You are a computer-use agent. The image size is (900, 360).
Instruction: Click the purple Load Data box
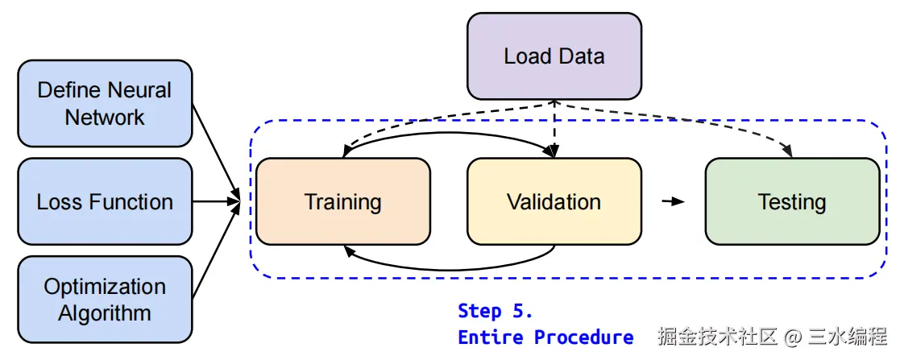[x=554, y=56]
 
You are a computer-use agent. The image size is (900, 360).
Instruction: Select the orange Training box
[x=342, y=201]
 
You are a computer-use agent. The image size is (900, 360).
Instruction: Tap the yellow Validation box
[x=554, y=201]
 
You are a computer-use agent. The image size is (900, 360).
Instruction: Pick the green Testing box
[x=792, y=201]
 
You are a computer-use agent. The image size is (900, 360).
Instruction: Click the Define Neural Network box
[x=105, y=103]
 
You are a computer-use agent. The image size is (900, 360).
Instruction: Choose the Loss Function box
[x=105, y=201]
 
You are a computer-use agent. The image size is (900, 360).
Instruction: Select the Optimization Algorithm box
[x=105, y=299]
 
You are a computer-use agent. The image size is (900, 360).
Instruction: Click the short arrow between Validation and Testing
[x=673, y=201]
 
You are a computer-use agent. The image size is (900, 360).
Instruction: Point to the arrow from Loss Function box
[x=218, y=201]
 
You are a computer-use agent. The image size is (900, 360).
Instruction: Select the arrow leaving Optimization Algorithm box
[x=216, y=254]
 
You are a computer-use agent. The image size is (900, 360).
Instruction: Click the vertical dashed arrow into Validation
[x=554, y=129]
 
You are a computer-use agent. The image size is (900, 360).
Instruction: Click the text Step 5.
[x=495, y=311]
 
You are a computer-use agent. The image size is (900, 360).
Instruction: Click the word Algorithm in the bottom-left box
[x=105, y=312]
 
